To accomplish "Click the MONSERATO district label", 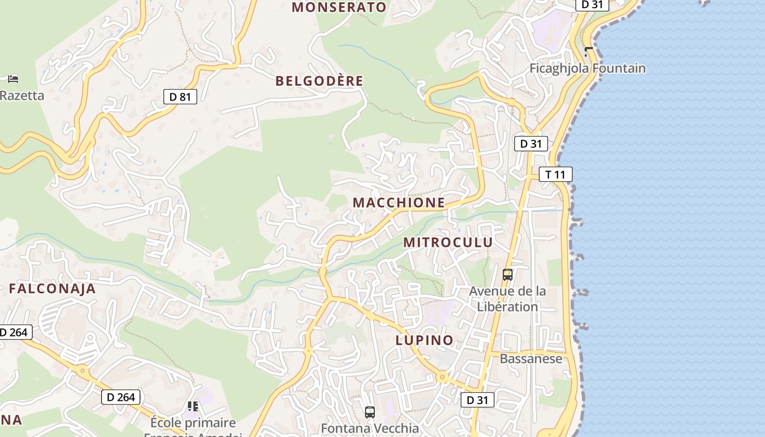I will pyautogui.click(x=339, y=7).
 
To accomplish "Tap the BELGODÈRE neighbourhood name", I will pyautogui.click(x=319, y=81).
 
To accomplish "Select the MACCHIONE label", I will pyautogui.click(x=398, y=203).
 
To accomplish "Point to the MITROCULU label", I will pyautogui.click(x=448, y=242).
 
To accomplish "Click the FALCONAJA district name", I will pyautogui.click(x=52, y=289).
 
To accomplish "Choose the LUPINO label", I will pyautogui.click(x=424, y=340).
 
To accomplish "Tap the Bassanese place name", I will pyautogui.click(x=531, y=359).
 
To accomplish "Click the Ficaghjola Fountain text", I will pyautogui.click(x=587, y=68).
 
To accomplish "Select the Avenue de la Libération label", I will pyautogui.click(x=507, y=299).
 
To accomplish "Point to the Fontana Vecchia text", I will pyautogui.click(x=369, y=428).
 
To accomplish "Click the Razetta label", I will pyautogui.click(x=22, y=96).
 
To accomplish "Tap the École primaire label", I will pyautogui.click(x=193, y=423).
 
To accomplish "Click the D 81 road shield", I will pyautogui.click(x=180, y=97).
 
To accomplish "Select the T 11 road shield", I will pyautogui.click(x=555, y=175).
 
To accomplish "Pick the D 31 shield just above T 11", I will pyautogui.click(x=531, y=144).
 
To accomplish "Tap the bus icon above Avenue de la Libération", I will pyautogui.click(x=507, y=274).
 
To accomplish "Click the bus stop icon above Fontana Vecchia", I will pyautogui.click(x=370, y=412).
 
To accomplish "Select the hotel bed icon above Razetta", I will pyautogui.click(x=13, y=79).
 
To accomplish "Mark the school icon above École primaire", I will pyautogui.click(x=192, y=406).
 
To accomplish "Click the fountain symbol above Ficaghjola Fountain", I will pyautogui.click(x=588, y=51).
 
